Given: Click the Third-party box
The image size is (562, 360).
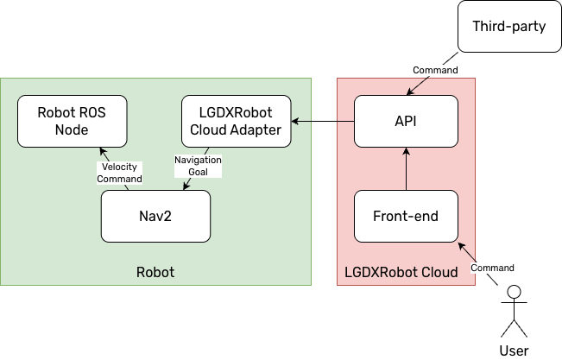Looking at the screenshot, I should tap(509, 26).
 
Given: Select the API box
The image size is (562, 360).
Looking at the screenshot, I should tap(406, 121).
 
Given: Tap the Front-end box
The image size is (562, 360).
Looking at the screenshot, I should tap(406, 216).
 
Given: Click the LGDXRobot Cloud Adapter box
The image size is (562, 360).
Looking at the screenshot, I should tap(236, 121).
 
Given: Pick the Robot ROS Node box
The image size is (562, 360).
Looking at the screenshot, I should tap(72, 121).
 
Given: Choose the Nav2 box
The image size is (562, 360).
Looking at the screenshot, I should tap(155, 216).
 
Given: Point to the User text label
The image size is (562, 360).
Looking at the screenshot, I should tap(515, 350).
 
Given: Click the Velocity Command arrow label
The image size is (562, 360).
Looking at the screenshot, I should tap(120, 173).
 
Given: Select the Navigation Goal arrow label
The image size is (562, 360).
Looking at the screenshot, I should tap(198, 166).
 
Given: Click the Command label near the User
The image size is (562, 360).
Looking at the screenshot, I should tap(492, 268).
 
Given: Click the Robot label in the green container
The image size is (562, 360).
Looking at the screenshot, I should tap(155, 273).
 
